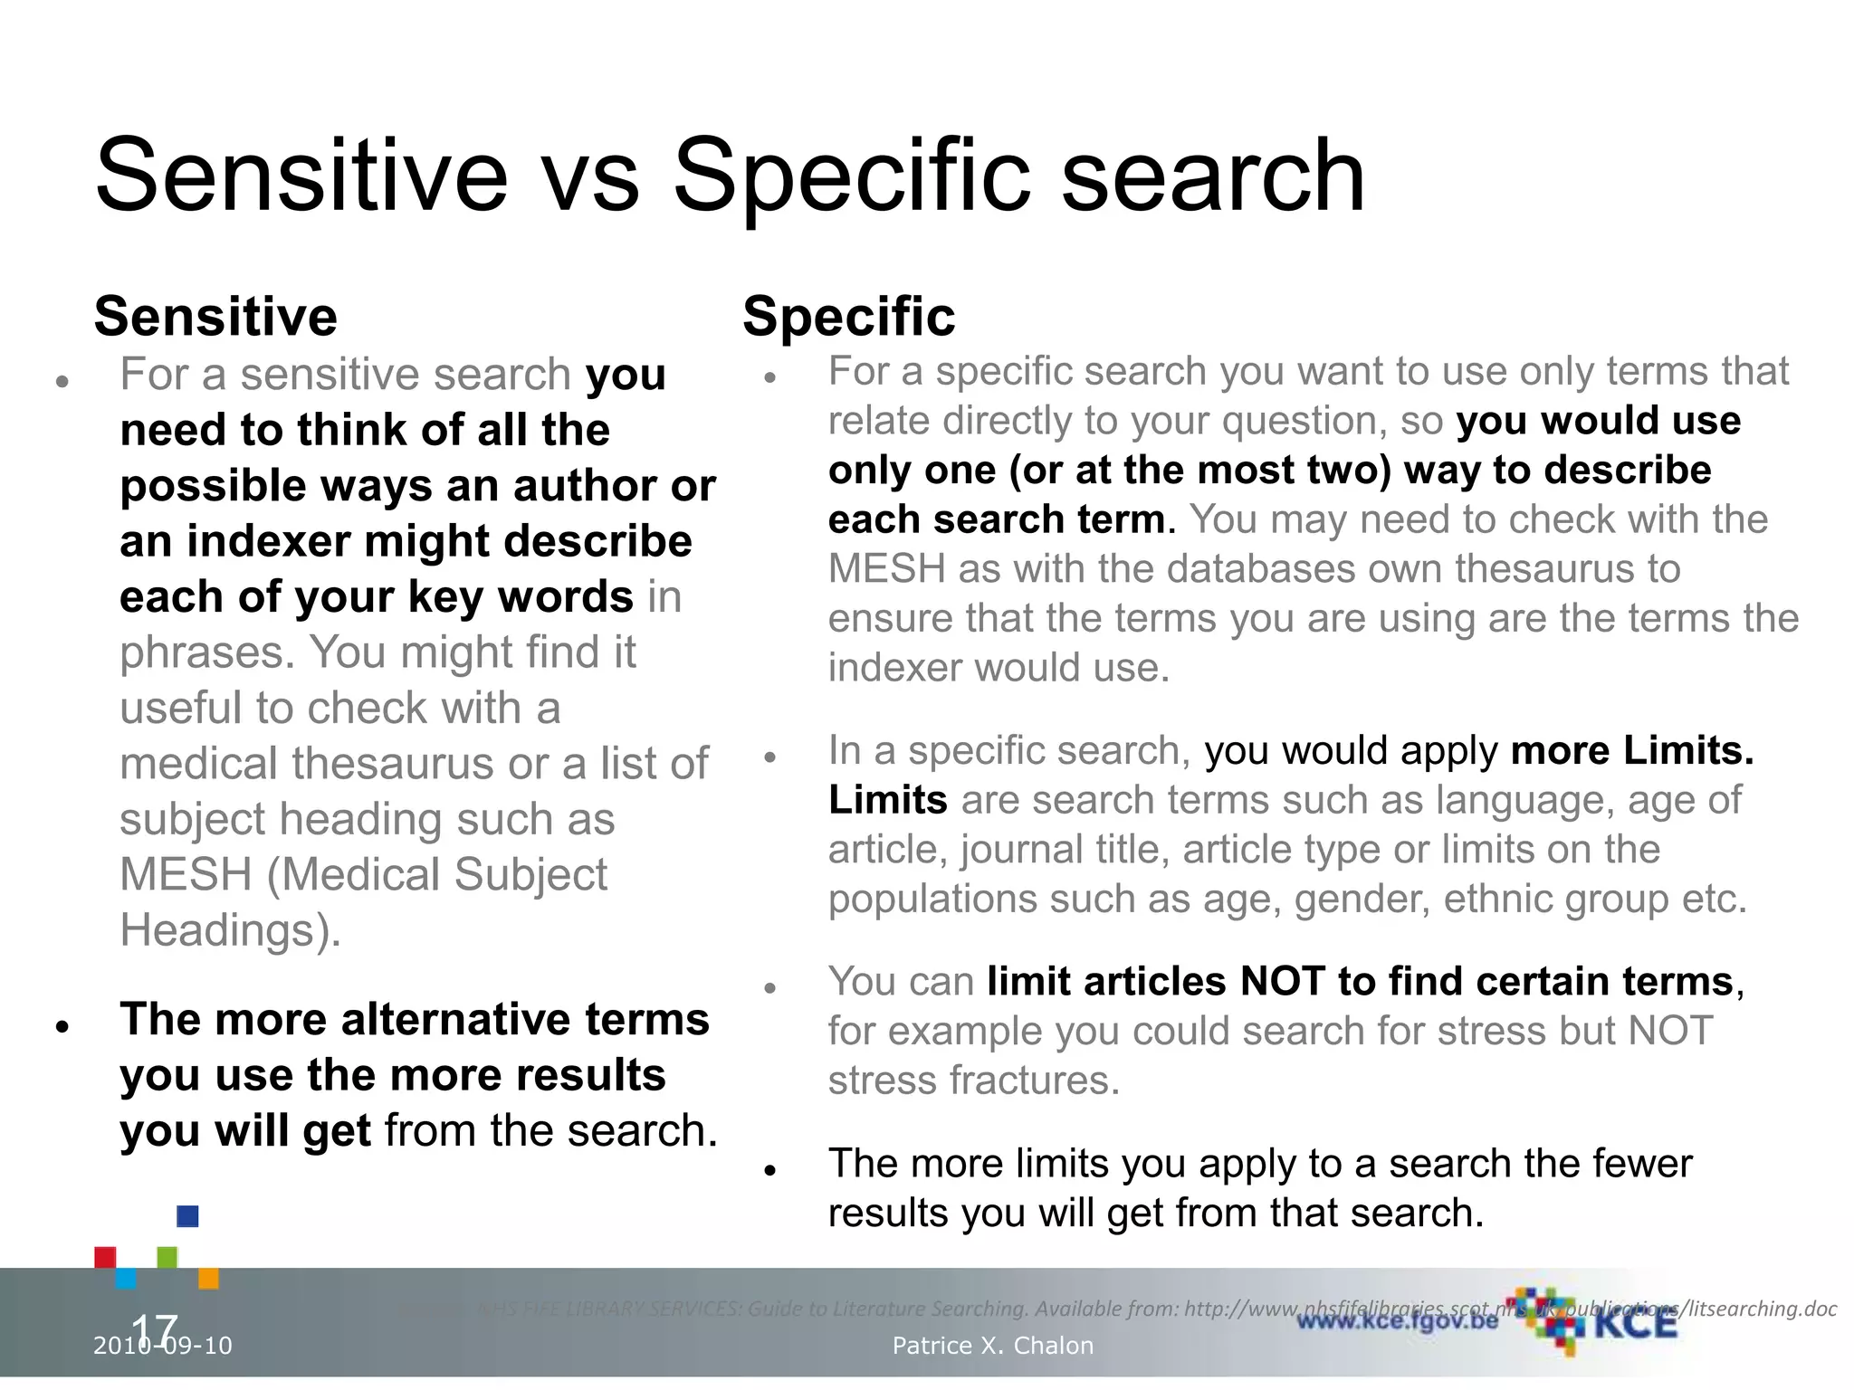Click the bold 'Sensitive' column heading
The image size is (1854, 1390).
(215, 317)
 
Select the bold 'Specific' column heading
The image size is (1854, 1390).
(848, 317)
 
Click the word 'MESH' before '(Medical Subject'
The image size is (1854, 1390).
(186, 874)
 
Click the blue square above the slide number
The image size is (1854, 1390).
(187, 1216)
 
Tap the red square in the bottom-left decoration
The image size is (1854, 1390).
(105, 1257)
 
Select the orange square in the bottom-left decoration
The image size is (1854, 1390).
(208, 1278)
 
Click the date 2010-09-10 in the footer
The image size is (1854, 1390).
(163, 1346)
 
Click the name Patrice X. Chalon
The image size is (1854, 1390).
(992, 1346)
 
